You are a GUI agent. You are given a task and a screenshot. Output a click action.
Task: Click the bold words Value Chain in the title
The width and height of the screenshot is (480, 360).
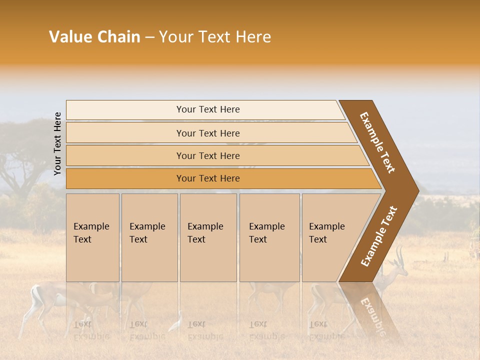click(x=94, y=37)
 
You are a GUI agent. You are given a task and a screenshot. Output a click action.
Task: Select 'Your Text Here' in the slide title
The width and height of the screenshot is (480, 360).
click(x=215, y=37)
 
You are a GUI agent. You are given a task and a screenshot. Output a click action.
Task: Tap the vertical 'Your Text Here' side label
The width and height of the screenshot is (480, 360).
click(x=57, y=144)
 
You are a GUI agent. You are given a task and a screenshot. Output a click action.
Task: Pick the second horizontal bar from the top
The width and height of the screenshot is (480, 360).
click(x=207, y=133)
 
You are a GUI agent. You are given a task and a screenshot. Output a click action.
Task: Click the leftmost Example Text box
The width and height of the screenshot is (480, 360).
click(x=92, y=237)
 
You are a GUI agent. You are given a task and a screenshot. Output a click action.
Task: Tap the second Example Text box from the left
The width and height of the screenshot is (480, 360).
click(x=149, y=237)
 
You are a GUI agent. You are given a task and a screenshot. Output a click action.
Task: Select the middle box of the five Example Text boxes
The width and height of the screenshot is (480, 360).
click(x=208, y=237)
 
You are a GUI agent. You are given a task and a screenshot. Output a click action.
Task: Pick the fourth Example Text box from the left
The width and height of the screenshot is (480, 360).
click(x=269, y=237)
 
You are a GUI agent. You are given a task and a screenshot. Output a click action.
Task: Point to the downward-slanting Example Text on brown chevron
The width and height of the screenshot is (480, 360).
click(x=377, y=142)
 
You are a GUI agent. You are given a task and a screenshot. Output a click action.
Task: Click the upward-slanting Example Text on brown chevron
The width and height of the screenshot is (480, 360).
click(x=378, y=236)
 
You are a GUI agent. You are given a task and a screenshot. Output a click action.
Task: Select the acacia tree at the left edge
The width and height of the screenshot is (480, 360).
click(x=20, y=165)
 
